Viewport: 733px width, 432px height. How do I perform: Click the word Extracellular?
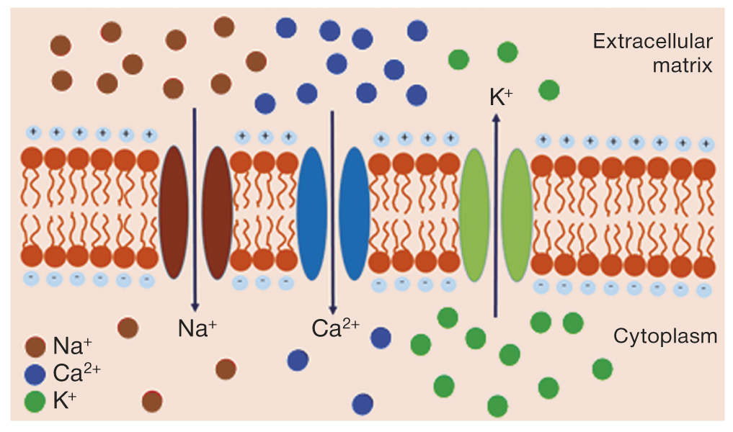pyautogui.click(x=652, y=41)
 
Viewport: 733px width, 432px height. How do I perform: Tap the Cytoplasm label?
pyautogui.click(x=665, y=336)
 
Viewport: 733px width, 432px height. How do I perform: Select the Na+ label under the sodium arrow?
pyautogui.click(x=197, y=328)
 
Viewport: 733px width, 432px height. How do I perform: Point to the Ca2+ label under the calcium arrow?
pyautogui.click(x=335, y=328)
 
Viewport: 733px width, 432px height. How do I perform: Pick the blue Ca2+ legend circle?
pyautogui.click(x=35, y=374)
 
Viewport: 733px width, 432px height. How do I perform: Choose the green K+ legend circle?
pyautogui.click(x=35, y=401)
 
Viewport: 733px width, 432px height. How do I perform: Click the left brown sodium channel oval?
pyautogui.click(x=173, y=213)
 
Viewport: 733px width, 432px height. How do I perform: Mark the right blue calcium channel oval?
pyautogui.click(x=354, y=213)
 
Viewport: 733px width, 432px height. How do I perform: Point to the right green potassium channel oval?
pyautogui.click(x=517, y=215)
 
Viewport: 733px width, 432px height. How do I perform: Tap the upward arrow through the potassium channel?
pyautogui.click(x=495, y=216)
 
